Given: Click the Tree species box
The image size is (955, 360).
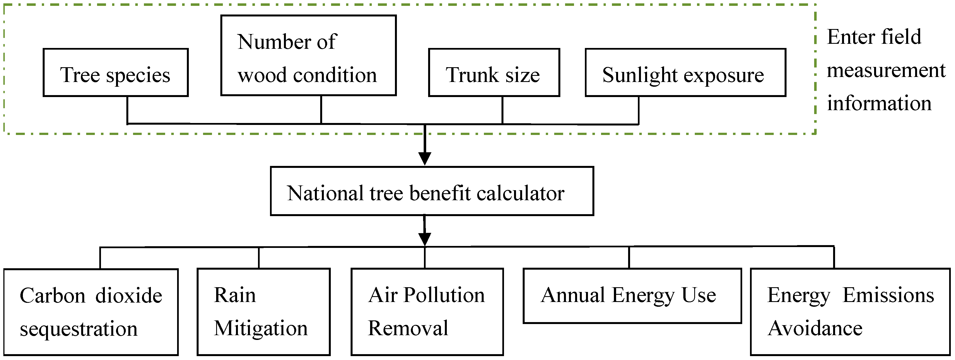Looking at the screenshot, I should [115, 73].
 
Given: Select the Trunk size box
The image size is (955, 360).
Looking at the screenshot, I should [493, 73].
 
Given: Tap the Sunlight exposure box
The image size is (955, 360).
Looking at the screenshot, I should [685, 73].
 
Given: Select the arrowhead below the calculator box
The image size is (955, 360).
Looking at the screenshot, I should [425, 239].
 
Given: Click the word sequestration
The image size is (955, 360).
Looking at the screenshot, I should [79, 329].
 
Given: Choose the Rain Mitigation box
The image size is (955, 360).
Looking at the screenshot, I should [263, 312].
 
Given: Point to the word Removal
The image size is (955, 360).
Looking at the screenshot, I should [408, 328].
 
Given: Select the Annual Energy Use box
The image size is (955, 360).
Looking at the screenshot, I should [632, 296].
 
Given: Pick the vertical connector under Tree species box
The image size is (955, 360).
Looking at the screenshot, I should [127, 110].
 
